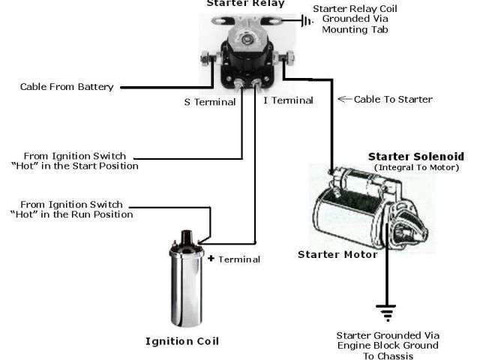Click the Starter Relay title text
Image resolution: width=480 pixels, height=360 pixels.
(x=245, y=4)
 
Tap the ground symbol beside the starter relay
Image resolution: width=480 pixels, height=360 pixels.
(x=307, y=20)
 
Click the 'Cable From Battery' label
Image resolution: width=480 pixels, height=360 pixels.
(x=67, y=87)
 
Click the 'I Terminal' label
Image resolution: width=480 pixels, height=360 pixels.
(x=288, y=100)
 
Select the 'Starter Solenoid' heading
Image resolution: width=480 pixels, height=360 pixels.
(x=412, y=157)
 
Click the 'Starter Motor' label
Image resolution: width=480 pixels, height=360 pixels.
(x=337, y=254)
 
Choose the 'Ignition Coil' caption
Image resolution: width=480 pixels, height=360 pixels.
(x=182, y=341)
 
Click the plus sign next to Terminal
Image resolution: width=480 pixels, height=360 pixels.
(x=211, y=259)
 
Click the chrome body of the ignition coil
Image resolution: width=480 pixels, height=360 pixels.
(x=184, y=289)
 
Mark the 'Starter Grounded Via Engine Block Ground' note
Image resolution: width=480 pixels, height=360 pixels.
(x=388, y=340)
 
